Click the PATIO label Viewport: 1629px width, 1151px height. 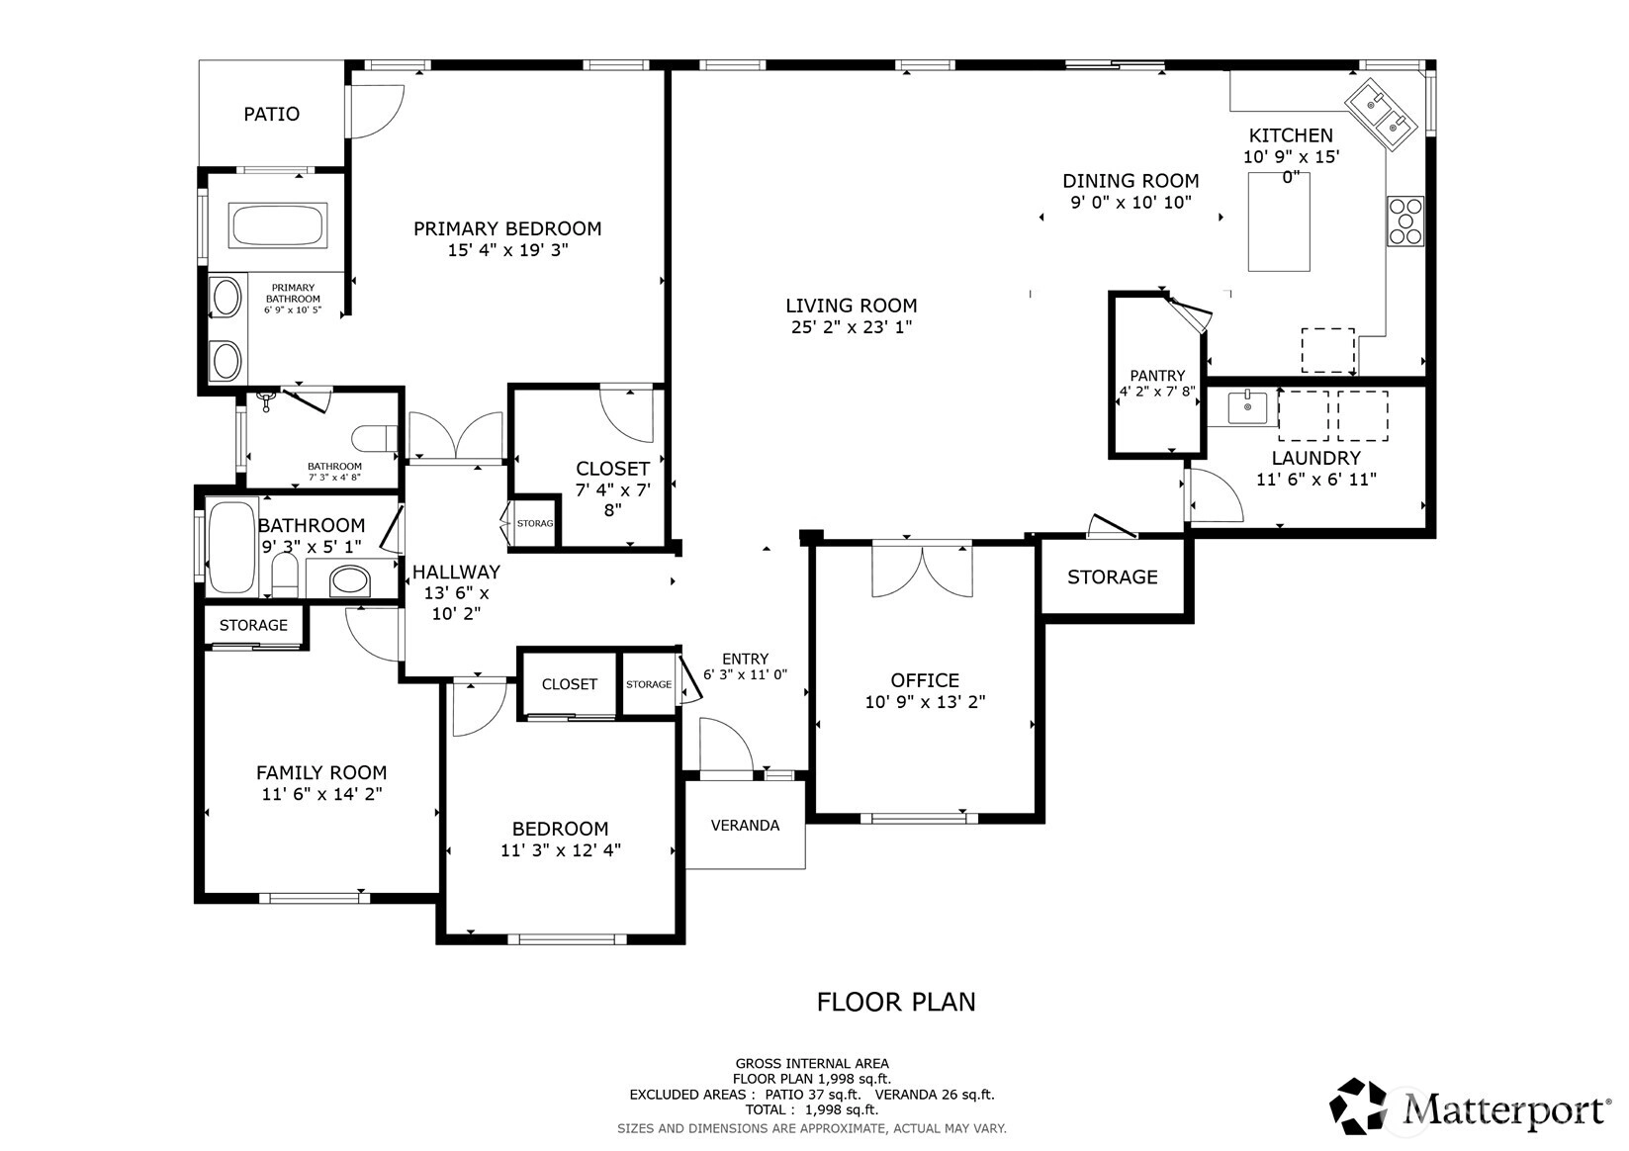tap(271, 114)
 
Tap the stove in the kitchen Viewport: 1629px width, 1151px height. tap(1405, 221)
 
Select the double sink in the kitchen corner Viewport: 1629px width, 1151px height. tap(1381, 114)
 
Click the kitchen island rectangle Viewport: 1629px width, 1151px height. tap(1279, 221)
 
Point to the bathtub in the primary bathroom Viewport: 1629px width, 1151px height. tap(278, 225)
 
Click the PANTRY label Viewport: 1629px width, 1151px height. tap(1157, 375)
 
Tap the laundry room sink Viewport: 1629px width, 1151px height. tap(1247, 407)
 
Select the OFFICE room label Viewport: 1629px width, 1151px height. tap(925, 680)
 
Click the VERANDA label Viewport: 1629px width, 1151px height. tap(745, 826)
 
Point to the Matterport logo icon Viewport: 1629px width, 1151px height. tap(1358, 1106)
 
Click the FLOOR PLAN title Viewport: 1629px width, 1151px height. tap(896, 1002)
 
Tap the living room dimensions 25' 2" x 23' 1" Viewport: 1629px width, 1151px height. tap(851, 327)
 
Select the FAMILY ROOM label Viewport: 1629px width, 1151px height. tap(321, 772)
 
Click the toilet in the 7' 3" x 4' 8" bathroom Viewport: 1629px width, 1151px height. tap(375, 438)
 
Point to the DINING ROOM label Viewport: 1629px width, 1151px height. tap(1131, 180)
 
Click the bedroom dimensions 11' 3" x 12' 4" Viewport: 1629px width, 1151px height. tap(560, 850)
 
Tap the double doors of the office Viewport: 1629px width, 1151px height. tap(922, 570)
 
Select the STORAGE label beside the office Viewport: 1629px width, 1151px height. tap(1112, 576)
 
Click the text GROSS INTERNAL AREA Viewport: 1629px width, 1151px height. tap(812, 1064)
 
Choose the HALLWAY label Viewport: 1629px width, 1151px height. tap(456, 572)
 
